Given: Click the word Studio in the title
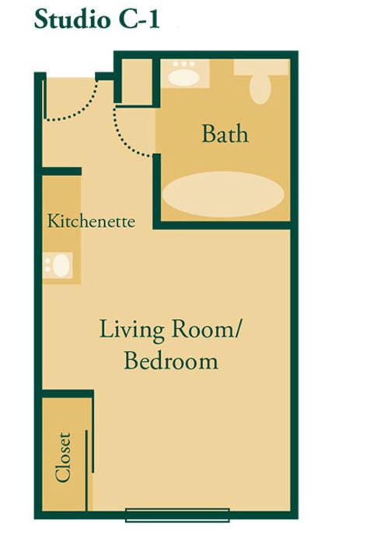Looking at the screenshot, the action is pyautogui.click(x=73, y=19).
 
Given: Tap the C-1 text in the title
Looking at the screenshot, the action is pyautogui.click(x=139, y=19).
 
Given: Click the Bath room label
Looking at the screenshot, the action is pyautogui.click(x=225, y=134).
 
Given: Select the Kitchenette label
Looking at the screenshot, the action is pyautogui.click(x=91, y=221).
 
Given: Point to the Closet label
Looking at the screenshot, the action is pyautogui.click(x=63, y=457).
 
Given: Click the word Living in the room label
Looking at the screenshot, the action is pyautogui.click(x=132, y=330).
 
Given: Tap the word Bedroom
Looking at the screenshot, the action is pyautogui.click(x=171, y=361).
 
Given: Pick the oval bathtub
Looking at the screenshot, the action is pyautogui.click(x=223, y=194).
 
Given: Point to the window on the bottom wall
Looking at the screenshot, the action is pyautogui.click(x=177, y=515).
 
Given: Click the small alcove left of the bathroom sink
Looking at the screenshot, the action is pyautogui.click(x=137, y=82).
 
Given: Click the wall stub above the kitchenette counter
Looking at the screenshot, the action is pyautogui.click(x=61, y=171).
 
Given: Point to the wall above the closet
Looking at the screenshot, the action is pyautogui.click(x=68, y=394).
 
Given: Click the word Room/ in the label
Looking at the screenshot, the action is pyautogui.click(x=206, y=330).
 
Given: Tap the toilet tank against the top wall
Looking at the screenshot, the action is pyautogui.click(x=262, y=67).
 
